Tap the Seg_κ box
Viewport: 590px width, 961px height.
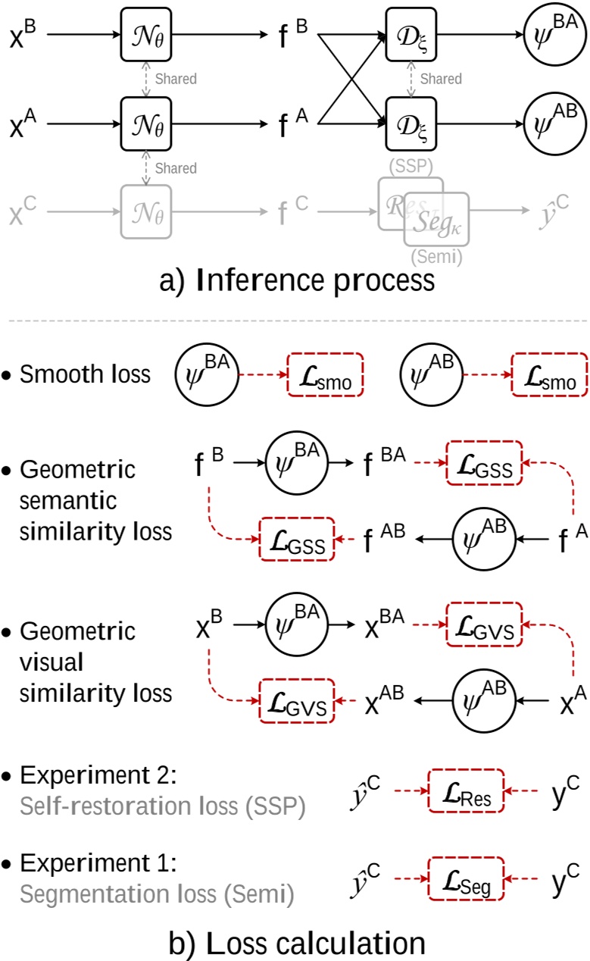point(437,220)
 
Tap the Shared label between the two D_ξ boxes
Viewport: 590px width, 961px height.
point(441,79)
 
